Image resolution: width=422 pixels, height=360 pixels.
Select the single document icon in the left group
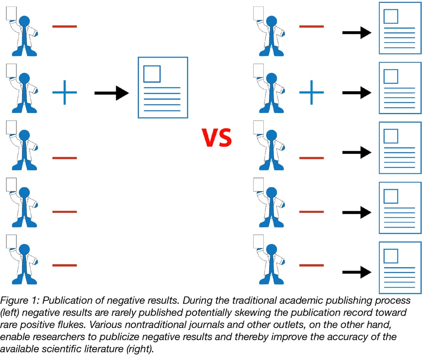pyautogui.click(x=163, y=87)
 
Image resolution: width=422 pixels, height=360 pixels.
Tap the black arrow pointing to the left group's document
pyautogui.click(x=111, y=92)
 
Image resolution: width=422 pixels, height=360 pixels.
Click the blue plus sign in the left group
pyautogui.click(x=65, y=92)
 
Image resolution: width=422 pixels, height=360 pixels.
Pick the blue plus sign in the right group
pyautogui.click(x=311, y=92)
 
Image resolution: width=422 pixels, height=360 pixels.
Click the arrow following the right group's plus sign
pyautogui.click(x=357, y=92)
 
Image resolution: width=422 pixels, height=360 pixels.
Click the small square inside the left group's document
pyautogui.click(x=152, y=74)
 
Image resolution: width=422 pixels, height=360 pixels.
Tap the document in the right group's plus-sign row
pyautogui.click(x=400, y=88)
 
